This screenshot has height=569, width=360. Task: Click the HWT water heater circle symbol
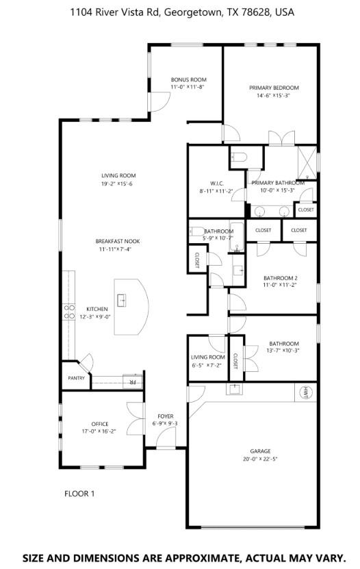(305, 392)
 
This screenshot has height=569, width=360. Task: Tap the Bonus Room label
(188, 79)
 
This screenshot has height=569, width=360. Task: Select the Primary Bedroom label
(274, 88)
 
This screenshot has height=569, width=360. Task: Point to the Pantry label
(75, 378)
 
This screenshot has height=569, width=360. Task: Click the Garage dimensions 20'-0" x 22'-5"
(260, 459)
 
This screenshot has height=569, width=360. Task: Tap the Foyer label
(165, 416)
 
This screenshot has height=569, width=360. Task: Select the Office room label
(99, 424)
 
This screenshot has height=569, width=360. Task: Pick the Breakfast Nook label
(118, 241)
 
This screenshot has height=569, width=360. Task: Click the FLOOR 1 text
(79, 493)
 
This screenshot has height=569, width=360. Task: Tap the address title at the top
(180, 12)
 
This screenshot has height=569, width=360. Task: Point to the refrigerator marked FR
(130, 382)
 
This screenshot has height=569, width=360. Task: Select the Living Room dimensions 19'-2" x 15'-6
(117, 184)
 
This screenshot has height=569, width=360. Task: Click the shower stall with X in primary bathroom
(307, 161)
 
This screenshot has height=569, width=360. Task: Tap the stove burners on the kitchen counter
(69, 312)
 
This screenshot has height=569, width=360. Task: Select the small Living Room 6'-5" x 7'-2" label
(207, 357)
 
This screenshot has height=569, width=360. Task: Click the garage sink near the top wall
(234, 390)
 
